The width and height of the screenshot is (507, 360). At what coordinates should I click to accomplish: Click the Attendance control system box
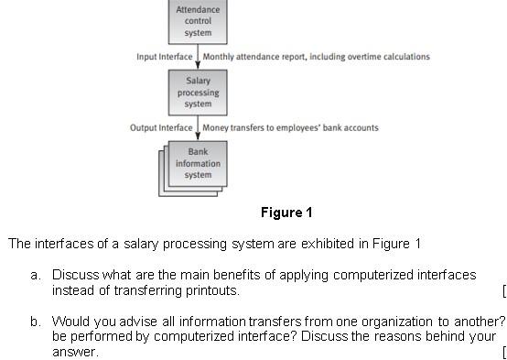pyautogui.click(x=198, y=21)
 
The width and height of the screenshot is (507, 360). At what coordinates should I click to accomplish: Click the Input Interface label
pyautogui.click(x=165, y=57)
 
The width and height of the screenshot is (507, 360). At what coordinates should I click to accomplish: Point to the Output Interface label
pyautogui.click(x=161, y=127)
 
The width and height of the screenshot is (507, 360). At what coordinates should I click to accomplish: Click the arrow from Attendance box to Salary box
pyautogui.click(x=199, y=57)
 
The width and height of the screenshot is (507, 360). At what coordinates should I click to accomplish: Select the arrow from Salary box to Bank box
pyautogui.click(x=199, y=127)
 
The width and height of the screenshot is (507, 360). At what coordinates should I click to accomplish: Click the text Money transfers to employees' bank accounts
pyautogui.click(x=290, y=127)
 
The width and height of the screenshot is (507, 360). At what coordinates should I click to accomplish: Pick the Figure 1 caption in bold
pyautogui.click(x=286, y=213)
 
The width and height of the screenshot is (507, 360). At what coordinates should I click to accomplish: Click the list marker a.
pyautogui.click(x=35, y=275)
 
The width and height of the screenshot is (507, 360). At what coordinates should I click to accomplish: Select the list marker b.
pyautogui.click(x=35, y=322)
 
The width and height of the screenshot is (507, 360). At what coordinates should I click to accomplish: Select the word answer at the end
pyautogui.click(x=74, y=352)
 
